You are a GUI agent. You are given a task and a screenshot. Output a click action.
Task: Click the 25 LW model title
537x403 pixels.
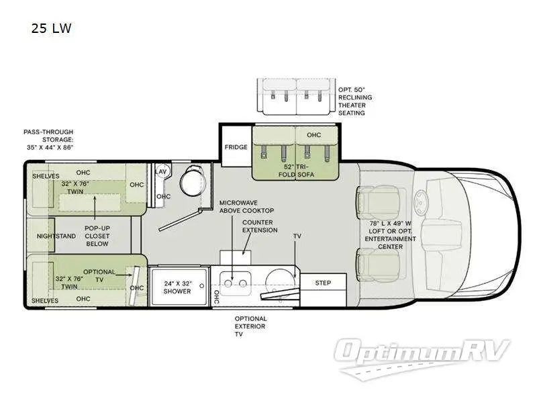pos(51,28)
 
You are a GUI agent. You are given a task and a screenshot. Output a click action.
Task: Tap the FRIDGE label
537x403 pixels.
pos(236,147)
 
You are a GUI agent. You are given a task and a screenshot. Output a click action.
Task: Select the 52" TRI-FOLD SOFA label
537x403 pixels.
pos(297,170)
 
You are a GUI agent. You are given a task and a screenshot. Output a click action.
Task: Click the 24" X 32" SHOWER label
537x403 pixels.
pos(177,287)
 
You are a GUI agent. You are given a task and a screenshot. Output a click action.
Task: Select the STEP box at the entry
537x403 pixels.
pos(323,283)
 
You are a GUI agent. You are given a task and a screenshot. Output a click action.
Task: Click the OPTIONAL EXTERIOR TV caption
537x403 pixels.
pos(250,326)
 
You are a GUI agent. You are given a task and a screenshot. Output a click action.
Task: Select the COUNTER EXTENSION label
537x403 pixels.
pos(260,226)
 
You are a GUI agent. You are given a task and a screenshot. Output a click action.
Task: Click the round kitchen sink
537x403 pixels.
pos(281,281)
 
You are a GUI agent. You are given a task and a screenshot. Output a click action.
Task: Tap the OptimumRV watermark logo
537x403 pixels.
pos(424,353)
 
